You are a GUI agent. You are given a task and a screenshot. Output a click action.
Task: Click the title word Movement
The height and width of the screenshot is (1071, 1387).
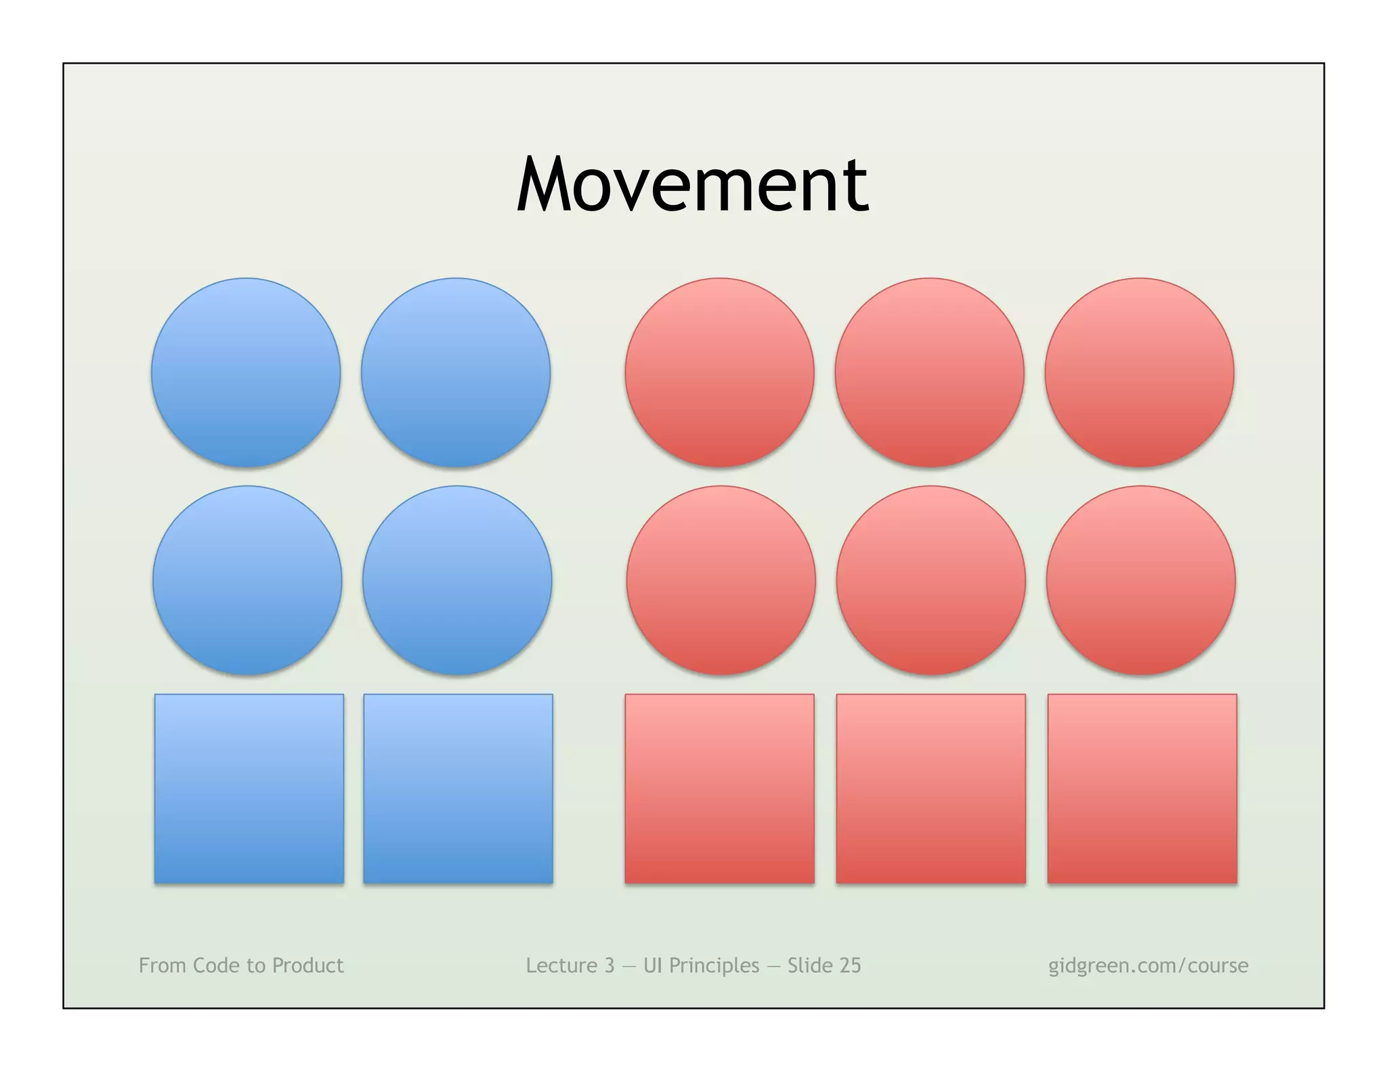coord(692,184)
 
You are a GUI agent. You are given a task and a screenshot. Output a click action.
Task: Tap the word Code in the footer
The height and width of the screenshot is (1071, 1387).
coord(217,965)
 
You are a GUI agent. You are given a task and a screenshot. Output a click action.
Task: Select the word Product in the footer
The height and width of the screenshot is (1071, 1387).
coord(308,965)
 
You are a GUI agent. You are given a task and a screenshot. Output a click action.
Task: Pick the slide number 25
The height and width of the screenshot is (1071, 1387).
coord(849,965)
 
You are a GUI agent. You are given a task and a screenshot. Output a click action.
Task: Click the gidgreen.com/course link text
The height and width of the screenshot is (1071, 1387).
coord(1148,965)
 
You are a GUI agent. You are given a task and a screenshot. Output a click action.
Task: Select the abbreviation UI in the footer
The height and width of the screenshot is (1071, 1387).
coord(652,965)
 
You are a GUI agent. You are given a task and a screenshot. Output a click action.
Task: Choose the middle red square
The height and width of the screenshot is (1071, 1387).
coord(931,789)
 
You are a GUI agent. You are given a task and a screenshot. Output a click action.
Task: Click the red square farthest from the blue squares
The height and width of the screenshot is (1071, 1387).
coord(1142,789)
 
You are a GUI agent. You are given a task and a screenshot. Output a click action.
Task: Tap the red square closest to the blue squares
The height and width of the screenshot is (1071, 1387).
coord(719,789)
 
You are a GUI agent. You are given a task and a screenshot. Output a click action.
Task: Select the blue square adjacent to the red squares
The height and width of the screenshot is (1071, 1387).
coord(458,789)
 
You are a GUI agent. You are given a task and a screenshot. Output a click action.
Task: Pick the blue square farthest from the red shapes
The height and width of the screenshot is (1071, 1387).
coord(249,789)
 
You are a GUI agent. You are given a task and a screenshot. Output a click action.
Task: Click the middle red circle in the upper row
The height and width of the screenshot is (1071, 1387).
coord(929,372)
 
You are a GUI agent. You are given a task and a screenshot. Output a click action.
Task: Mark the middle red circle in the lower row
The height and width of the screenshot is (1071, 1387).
coord(931,580)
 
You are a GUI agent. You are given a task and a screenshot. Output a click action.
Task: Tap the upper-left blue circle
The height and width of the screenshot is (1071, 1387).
coord(246,372)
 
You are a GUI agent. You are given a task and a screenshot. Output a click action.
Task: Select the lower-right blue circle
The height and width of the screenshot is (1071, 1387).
coord(457,580)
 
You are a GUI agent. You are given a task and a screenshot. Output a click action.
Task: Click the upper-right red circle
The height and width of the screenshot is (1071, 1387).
coord(1139,372)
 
